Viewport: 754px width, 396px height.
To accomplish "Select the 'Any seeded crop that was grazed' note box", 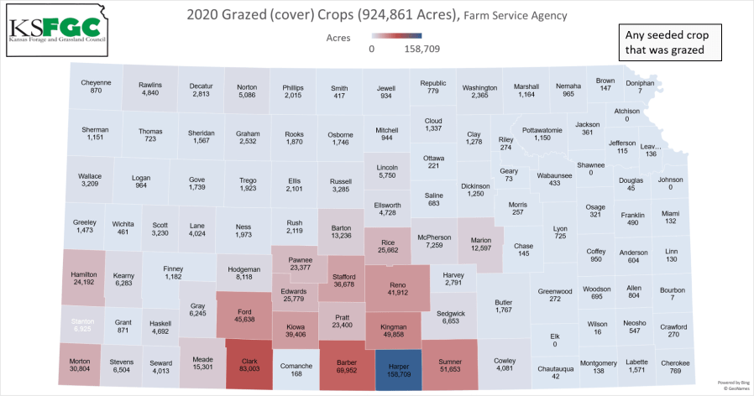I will click(x=668, y=44).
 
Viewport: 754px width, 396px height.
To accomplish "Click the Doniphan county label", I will click(x=640, y=83).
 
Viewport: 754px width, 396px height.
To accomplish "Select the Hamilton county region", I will click(x=84, y=278).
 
